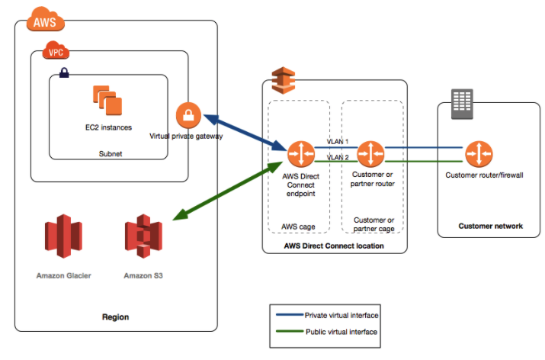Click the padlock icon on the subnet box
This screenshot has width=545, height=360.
click(x=64, y=74)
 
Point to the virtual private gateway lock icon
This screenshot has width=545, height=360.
click(x=188, y=115)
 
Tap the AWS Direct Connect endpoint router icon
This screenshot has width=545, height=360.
click(x=300, y=154)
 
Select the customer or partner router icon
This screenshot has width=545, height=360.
click(x=370, y=154)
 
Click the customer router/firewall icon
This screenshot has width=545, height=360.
click(x=478, y=154)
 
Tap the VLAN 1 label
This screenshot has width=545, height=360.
click(x=337, y=142)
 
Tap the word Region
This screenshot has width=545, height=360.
click(x=116, y=317)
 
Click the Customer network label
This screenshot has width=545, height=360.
click(x=490, y=226)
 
